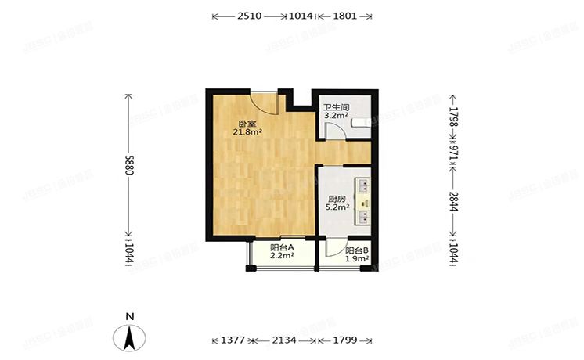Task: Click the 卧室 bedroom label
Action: point(247,123)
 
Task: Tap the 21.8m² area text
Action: point(247,132)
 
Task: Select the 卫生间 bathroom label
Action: point(337,107)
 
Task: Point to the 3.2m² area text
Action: point(337,117)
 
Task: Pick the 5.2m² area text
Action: point(337,208)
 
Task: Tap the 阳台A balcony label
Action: point(281,247)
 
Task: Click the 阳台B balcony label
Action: point(357,251)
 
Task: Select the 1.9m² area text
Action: point(357,260)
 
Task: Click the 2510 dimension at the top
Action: point(251,16)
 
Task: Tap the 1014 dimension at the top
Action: point(301,16)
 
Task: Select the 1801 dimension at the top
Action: point(344,16)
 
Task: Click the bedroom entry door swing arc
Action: point(265,105)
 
